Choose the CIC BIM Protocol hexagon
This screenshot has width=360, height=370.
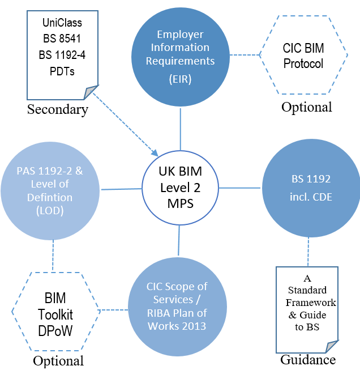pos(303,56)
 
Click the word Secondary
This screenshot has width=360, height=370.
pos(58,109)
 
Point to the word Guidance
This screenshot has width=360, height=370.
pos(308,359)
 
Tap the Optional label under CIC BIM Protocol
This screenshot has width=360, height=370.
pos(307,107)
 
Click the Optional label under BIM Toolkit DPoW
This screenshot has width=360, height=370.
pos(58,360)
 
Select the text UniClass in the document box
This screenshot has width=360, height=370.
pos(62,23)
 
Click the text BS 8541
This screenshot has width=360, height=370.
pos(62,40)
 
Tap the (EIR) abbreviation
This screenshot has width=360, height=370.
pos(180,79)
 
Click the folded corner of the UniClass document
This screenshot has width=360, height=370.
pos(92,92)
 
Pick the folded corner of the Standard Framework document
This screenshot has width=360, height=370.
pos(331,346)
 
